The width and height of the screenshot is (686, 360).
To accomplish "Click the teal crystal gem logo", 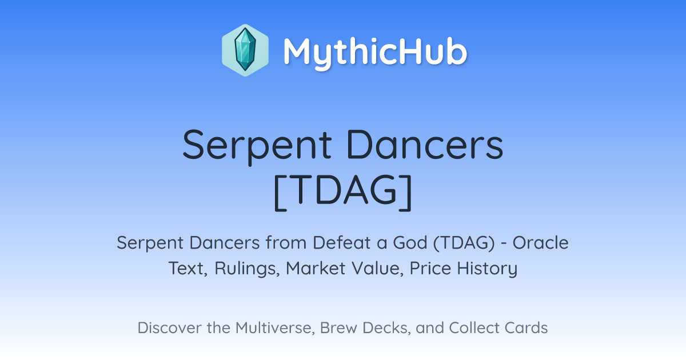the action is click(x=245, y=50).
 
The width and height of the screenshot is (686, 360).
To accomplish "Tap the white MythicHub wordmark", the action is click(x=375, y=53).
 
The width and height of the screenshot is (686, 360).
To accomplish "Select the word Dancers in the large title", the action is click(x=425, y=145).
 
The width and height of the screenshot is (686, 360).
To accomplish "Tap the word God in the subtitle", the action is click(x=410, y=243).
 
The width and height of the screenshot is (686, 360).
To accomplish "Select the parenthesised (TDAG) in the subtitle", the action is click(x=464, y=243).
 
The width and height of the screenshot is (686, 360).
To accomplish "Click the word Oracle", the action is click(x=541, y=243).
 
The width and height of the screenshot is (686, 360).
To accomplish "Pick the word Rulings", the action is click(x=247, y=269).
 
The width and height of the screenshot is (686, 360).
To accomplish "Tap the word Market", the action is click(x=316, y=269).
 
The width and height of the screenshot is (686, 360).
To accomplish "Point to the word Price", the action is click(x=430, y=269).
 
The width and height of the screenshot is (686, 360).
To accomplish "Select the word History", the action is click(x=487, y=269).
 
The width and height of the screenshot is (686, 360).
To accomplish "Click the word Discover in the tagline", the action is click(x=169, y=328).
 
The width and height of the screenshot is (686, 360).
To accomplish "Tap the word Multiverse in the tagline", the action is click(x=275, y=328).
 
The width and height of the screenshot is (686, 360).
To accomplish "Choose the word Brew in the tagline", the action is click(x=338, y=328).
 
